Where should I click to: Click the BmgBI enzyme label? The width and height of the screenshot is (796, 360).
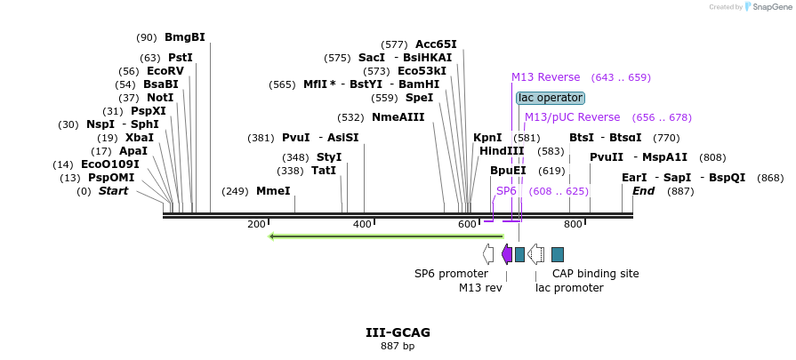[x=185, y=37]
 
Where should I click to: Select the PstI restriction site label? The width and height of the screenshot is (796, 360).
[x=181, y=58]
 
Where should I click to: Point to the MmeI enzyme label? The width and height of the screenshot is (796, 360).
[x=273, y=191]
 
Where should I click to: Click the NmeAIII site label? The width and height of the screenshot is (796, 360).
[x=398, y=117]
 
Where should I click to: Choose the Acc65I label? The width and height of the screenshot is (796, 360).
[x=436, y=44]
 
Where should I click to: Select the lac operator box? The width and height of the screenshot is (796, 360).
[x=551, y=98]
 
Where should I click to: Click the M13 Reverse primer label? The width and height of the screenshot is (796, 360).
[x=545, y=77]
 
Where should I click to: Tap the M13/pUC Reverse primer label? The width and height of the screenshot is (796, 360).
[x=572, y=117]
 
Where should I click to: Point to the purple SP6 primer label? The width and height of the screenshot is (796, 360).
[x=506, y=191]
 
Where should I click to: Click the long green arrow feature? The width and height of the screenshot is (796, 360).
[x=386, y=236]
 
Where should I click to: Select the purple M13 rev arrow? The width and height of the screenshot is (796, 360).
[x=506, y=254]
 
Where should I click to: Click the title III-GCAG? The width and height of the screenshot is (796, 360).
[x=398, y=332]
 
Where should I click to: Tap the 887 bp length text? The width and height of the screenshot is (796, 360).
[x=398, y=347]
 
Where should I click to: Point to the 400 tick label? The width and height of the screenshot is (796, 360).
[x=362, y=224]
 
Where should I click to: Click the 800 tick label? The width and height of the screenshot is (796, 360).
[x=573, y=224]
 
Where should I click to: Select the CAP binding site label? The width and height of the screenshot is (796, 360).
[x=595, y=274]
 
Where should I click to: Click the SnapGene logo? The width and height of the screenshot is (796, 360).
[x=757, y=7]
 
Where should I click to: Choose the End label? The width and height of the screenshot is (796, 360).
[x=643, y=191]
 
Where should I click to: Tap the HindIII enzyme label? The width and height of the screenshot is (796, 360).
[x=502, y=151]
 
